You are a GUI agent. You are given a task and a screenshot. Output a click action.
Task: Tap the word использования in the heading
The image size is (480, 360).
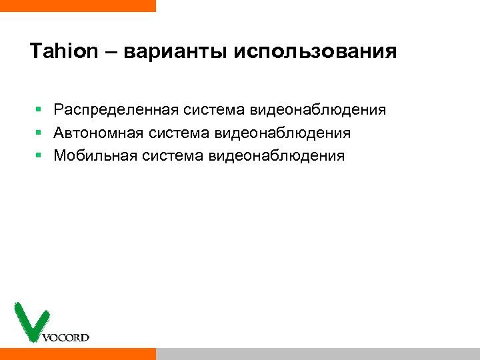[x=315, y=51]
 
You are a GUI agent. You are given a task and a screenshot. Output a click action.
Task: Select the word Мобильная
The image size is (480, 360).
[x=95, y=156]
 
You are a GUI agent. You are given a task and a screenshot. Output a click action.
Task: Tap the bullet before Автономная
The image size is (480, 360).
[x=39, y=133]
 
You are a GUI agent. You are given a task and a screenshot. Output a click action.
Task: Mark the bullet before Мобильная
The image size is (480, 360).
[x=39, y=156]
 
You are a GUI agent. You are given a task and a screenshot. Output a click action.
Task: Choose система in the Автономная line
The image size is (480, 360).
[x=179, y=133]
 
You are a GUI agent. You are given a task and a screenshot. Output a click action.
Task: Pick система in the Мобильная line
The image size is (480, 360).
[x=173, y=156]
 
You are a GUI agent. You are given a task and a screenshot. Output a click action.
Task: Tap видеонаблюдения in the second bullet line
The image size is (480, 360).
[x=283, y=133]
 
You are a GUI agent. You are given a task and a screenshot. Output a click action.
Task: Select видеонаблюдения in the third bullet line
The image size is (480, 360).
[x=277, y=156]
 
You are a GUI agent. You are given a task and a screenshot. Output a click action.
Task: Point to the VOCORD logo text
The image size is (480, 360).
[x=65, y=337]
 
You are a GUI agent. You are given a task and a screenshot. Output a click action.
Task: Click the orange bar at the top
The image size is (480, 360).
[x=77, y=5]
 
